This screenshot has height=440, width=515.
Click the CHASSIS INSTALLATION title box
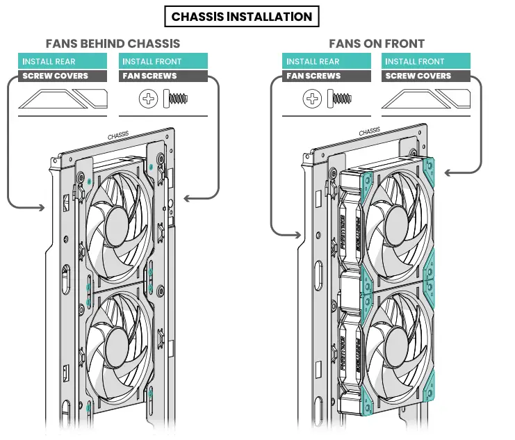click(x=242, y=16)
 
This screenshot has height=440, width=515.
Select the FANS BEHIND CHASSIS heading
click(x=113, y=44)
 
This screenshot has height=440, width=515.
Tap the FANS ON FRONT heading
click(x=377, y=44)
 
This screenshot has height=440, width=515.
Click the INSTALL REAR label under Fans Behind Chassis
click(x=63, y=62)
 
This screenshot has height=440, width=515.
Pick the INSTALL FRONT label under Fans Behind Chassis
click(x=162, y=62)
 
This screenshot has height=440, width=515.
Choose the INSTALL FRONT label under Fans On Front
click(x=425, y=62)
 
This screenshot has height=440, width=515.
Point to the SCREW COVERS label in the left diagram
click(x=63, y=76)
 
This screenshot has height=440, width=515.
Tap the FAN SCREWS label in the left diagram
click(x=162, y=76)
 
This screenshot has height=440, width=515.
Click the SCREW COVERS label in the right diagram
click(x=425, y=76)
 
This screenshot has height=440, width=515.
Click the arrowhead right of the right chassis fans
click(x=449, y=172)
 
